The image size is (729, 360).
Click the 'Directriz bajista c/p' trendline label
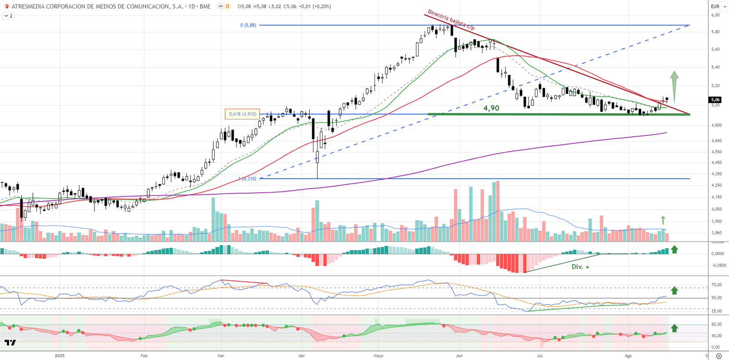coord(451,21)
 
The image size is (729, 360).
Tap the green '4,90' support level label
coord(491,108)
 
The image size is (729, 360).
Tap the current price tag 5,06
coord(715,100)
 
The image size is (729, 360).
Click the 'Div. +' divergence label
coord(580,267)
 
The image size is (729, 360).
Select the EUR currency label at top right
coord(715,6)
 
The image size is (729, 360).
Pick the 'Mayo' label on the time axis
coord(378,356)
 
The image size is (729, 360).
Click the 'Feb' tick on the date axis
coord(144,356)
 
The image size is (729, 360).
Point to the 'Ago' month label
coord(628,356)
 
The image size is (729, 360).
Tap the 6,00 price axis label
coord(715,15)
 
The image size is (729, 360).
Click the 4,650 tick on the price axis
coord(716,141)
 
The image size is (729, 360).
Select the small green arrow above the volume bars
coord(663,220)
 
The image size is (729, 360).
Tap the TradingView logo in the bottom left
coord(10,343)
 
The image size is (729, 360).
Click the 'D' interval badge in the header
coord(227,6)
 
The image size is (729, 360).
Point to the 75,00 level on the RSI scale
coord(716,285)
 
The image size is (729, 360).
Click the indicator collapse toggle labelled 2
coord(8,16)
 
